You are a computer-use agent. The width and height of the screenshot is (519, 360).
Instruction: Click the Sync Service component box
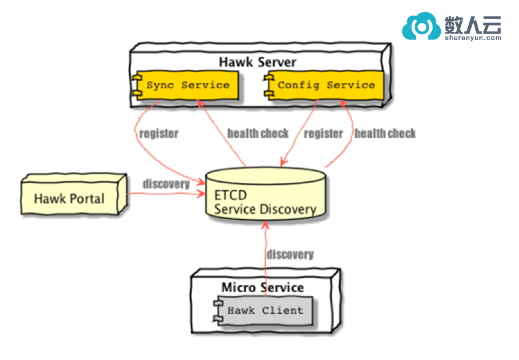click(187, 85)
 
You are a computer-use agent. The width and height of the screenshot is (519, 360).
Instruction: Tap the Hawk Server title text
click(257, 62)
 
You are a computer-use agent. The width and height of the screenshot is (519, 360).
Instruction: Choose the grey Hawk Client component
click(264, 311)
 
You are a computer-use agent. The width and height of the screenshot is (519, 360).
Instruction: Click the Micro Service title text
click(262, 287)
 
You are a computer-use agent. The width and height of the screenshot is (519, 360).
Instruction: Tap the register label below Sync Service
click(158, 133)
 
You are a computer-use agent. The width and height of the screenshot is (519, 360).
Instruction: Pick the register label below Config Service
click(323, 133)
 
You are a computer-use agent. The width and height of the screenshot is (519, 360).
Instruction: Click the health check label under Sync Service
click(258, 133)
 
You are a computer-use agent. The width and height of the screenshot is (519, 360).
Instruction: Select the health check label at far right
click(385, 133)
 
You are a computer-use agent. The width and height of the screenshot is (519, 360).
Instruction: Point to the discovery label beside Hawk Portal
click(166, 184)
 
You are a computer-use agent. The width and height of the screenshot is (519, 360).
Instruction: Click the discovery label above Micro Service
click(290, 254)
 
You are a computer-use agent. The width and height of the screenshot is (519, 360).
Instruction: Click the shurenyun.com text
click(473, 37)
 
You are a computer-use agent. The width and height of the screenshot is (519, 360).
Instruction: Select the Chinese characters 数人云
click(473, 23)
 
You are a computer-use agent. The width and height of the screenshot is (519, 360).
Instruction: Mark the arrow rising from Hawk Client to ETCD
click(264, 252)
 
